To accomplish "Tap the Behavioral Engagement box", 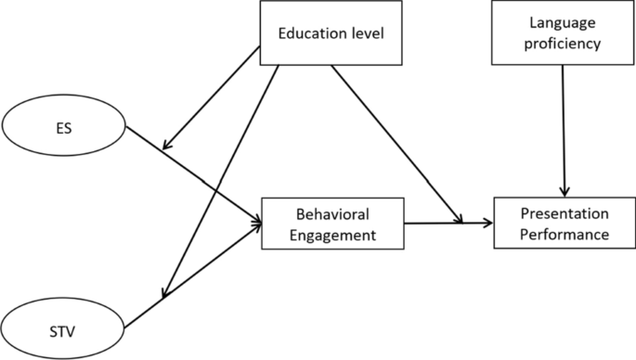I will (333, 223).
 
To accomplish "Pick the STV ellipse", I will (62, 327).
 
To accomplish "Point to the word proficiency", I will (564, 44).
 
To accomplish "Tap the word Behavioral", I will (332, 213).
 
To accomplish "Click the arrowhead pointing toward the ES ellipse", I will (168, 146).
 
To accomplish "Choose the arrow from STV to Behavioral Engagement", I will (190, 278).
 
